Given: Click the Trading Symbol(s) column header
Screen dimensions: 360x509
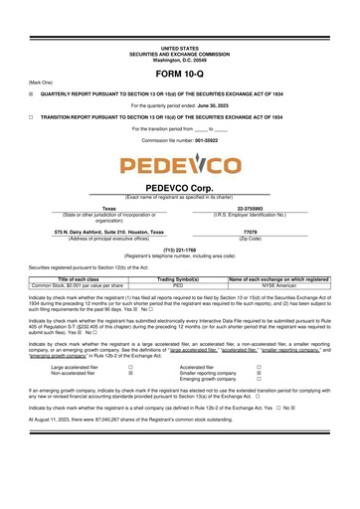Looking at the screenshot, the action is click(179, 280).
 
